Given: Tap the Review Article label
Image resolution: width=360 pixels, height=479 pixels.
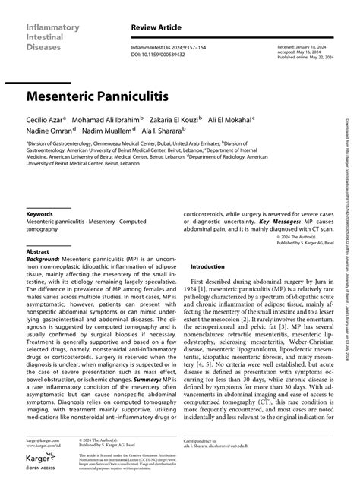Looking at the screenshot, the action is click(154, 27).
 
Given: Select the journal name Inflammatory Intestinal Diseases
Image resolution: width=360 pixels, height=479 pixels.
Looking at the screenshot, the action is click(51, 35).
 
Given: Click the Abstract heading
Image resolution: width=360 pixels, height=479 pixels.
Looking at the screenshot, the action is click(38, 229).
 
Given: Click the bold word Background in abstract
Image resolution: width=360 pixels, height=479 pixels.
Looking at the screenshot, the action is click(43, 237).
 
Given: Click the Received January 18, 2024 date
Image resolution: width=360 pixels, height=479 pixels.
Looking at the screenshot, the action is click(301, 46).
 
